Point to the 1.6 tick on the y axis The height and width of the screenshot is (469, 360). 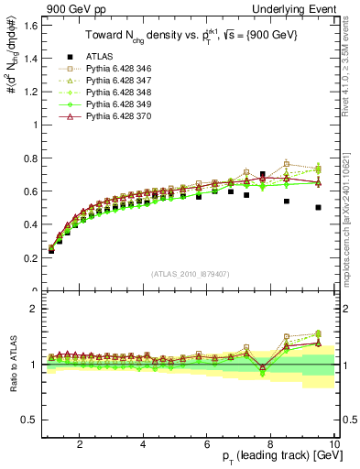click(x=29, y=25)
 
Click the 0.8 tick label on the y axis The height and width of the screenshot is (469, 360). click(x=29, y=158)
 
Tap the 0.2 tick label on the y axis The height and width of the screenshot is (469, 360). click(x=29, y=257)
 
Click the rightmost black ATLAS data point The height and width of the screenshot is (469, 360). click(x=318, y=208)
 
